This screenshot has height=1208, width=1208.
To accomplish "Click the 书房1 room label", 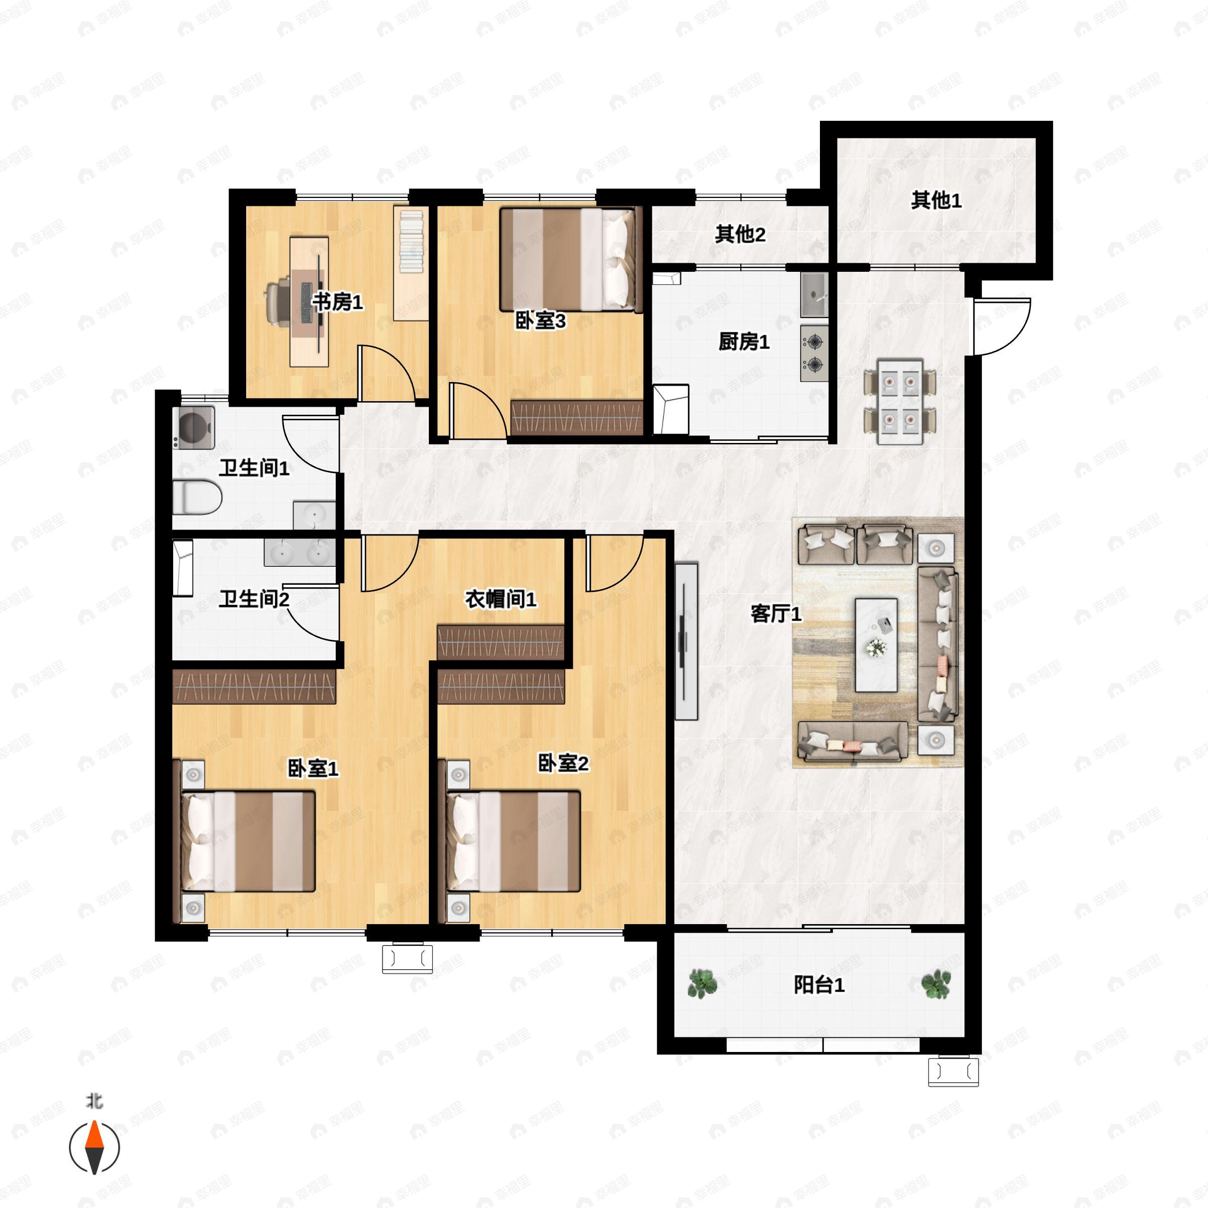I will (338, 303).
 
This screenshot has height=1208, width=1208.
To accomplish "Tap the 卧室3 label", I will (540, 322).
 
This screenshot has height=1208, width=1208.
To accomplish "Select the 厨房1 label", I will (743, 342).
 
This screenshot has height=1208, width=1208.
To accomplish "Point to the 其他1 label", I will (936, 201).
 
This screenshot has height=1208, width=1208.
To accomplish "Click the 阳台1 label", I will (819, 986).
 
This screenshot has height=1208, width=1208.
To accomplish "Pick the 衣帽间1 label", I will (500, 599).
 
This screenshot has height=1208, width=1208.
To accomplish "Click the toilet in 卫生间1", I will (197, 498).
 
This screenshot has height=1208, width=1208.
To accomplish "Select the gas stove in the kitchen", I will (814, 353).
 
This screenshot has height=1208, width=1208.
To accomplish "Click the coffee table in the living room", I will (876, 645).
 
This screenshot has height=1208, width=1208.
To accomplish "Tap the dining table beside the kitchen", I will (900, 401).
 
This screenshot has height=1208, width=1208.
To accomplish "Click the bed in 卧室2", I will (513, 841).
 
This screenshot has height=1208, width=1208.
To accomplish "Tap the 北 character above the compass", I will (95, 1101).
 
